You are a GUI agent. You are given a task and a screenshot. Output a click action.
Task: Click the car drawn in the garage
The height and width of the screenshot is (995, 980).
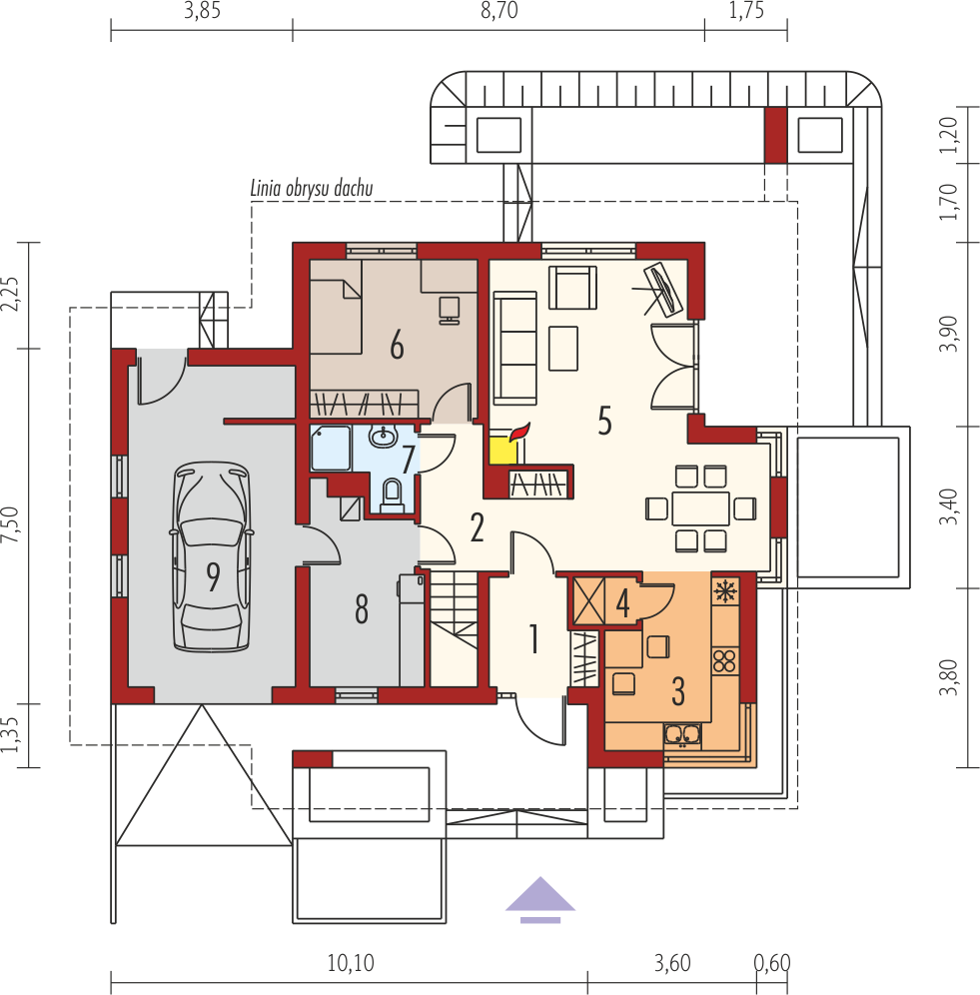click(x=211, y=556)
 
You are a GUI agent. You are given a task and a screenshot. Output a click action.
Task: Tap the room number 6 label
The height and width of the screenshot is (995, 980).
click(x=397, y=346)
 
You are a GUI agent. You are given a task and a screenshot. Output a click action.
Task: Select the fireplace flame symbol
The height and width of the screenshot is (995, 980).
click(x=518, y=432)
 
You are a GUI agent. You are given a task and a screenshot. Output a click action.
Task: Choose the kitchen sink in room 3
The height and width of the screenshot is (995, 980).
click(x=682, y=735)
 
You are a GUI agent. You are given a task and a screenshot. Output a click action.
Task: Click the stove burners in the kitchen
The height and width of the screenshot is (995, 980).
click(x=724, y=660)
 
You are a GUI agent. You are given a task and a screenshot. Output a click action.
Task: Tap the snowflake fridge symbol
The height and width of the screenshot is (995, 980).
click(x=724, y=591)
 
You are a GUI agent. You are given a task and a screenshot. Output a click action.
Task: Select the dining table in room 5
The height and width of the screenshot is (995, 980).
click(x=700, y=508)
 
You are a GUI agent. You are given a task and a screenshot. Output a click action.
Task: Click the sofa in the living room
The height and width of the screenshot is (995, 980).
click(x=514, y=348)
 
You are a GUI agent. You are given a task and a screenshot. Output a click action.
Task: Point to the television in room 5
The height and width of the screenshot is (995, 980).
click(x=663, y=290)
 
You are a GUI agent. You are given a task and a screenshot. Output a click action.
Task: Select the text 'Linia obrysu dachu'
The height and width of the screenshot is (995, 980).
click(x=311, y=189)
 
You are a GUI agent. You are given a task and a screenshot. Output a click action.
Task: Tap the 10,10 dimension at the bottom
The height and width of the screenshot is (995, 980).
click(x=351, y=963)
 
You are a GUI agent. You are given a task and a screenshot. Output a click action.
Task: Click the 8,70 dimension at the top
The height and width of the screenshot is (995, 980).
click(x=498, y=11)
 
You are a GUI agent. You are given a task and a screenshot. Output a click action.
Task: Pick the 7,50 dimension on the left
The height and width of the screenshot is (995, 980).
click(x=11, y=524)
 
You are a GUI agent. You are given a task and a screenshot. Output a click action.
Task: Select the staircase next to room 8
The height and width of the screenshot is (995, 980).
click(x=455, y=628)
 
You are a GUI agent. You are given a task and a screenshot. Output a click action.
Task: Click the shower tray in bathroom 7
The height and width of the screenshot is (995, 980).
click(x=331, y=448)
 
